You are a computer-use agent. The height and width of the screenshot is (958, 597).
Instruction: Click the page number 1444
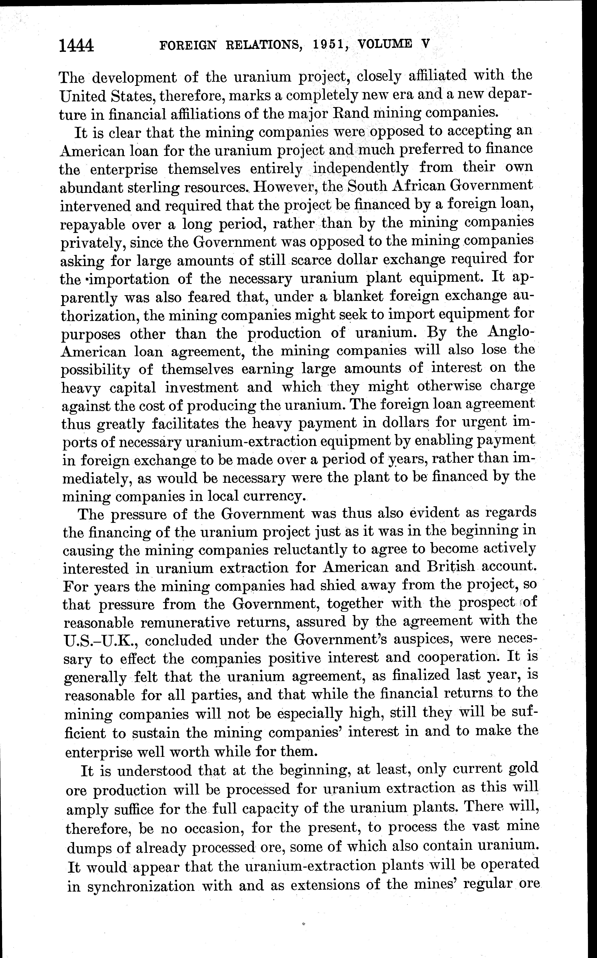point(76,46)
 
